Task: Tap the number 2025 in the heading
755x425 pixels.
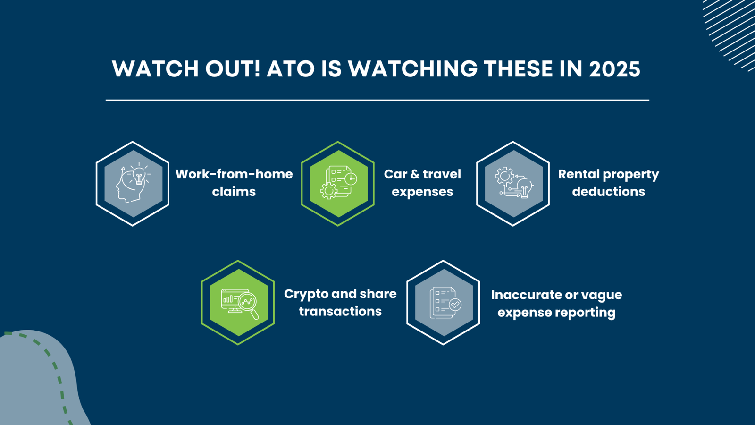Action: click(x=614, y=69)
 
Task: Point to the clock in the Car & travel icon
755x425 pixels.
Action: click(x=351, y=178)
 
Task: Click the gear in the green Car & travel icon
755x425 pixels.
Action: click(x=328, y=191)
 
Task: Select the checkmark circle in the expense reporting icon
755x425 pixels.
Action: click(x=455, y=305)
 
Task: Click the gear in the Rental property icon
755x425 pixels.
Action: click(x=504, y=176)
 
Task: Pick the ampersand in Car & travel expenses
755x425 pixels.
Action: click(x=415, y=174)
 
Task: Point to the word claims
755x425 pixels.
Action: click(x=234, y=192)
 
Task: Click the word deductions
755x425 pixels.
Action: click(x=608, y=192)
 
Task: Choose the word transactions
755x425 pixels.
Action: click(x=340, y=311)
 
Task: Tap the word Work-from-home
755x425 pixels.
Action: click(x=234, y=174)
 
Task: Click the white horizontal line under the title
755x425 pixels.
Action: click(x=377, y=100)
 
